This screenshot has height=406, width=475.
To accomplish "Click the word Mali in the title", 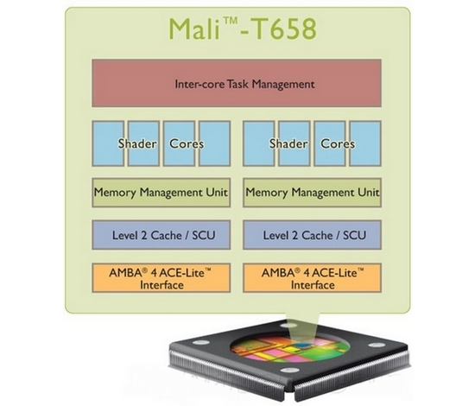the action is (x=193, y=29).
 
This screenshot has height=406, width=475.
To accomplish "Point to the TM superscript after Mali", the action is (x=230, y=21).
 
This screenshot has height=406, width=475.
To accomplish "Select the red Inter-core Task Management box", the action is (x=237, y=83).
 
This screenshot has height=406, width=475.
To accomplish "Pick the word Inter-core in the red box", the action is (x=200, y=84).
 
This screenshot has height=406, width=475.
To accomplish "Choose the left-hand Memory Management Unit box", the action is (x=161, y=193).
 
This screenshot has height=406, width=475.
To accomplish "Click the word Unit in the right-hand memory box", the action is (x=369, y=192).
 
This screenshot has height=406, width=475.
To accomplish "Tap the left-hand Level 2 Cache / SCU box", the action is (x=161, y=235).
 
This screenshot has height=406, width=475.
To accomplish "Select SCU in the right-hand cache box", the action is (x=354, y=236).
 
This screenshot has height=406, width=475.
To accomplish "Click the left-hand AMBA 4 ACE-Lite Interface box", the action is (x=161, y=278).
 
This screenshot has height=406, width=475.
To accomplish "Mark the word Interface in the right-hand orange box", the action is (x=313, y=285).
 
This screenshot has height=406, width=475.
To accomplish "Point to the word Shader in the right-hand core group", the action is (x=288, y=143).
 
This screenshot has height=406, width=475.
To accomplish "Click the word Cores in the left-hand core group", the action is (x=187, y=143).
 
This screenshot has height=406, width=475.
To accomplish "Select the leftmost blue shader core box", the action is (x=108, y=143).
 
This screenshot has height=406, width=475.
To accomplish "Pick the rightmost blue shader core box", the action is (x=365, y=143).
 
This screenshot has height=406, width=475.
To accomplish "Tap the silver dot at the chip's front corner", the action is (x=289, y=371).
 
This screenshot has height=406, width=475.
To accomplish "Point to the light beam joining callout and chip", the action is (x=302, y=330).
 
